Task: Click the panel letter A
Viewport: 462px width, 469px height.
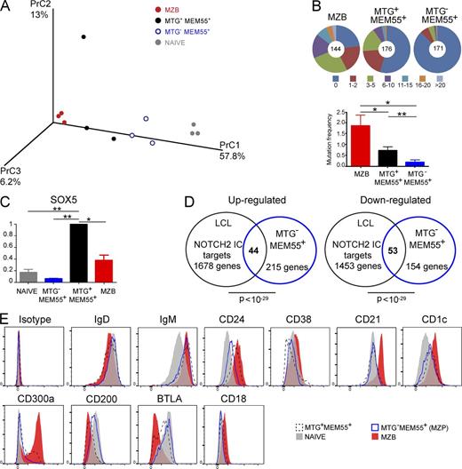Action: click(7, 8)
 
